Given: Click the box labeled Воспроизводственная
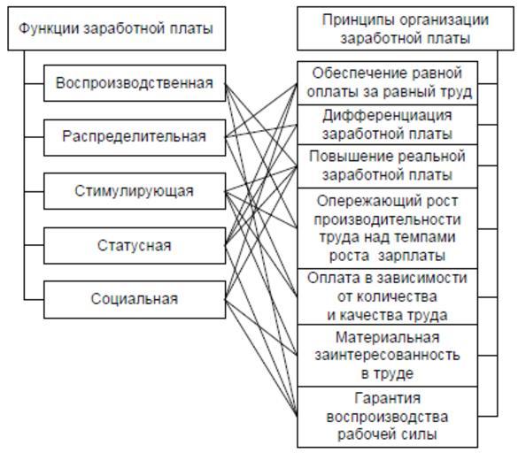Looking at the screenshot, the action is click(x=135, y=83).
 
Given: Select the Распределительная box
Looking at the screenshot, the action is click(x=135, y=137).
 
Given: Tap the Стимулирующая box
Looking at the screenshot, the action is click(x=135, y=191).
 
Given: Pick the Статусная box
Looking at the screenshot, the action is click(x=135, y=245).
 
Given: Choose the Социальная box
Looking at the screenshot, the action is click(x=135, y=299).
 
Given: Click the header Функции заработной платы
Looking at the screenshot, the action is click(x=117, y=28).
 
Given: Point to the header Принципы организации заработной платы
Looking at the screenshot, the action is click(x=406, y=28).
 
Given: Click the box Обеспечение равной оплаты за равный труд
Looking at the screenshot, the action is click(x=388, y=83).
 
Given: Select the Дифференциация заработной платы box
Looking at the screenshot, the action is click(x=388, y=125).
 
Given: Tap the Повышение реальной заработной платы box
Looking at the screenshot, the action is click(x=388, y=166).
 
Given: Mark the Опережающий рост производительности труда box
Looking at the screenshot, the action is click(x=388, y=228).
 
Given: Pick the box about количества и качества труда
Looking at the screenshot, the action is click(x=388, y=296).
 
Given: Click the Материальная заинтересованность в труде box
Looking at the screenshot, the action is click(x=388, y=356).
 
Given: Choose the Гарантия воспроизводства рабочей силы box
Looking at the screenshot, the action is click(x=388, y=417).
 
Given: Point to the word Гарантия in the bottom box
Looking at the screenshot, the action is click(x=388, y=398).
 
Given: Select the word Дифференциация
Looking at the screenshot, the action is click(x=387, y=116).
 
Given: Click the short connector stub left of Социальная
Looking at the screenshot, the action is click(x=34, y=300).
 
